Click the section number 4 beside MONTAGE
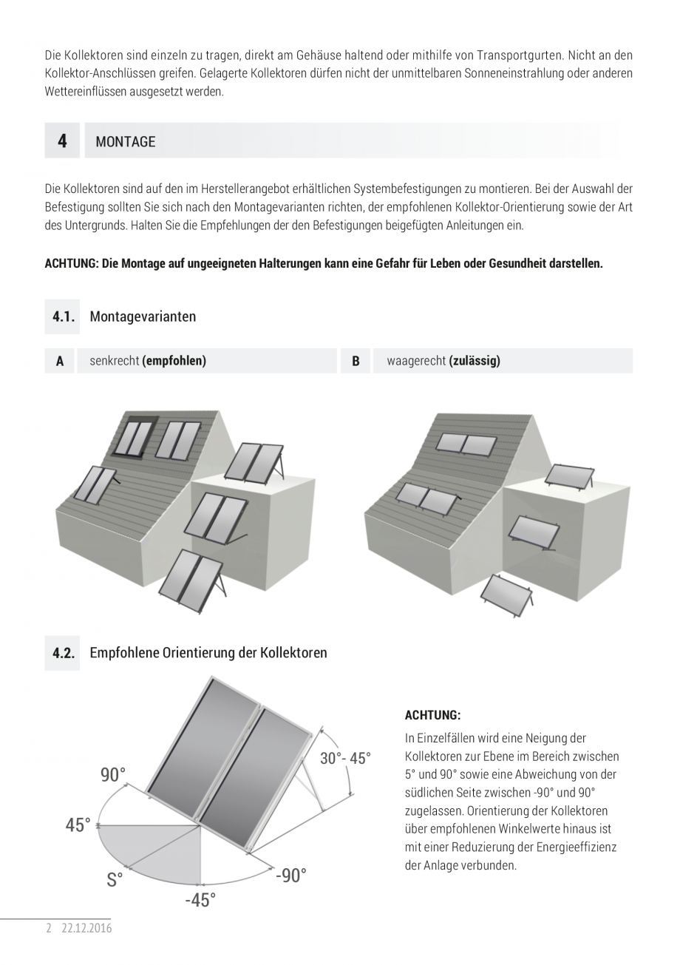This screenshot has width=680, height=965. click(62, 140)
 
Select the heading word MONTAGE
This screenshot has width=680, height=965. click(126, 142)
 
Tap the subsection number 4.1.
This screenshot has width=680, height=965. click(64, 316)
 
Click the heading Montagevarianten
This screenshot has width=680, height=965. click(143, 316)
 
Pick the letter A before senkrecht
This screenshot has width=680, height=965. click(60, 361)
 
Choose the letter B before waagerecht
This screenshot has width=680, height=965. click(356, 361)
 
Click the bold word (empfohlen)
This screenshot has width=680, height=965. click(174, 361)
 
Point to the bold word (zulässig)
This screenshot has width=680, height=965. click(475, 361)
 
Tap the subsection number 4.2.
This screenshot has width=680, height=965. click(64, 653)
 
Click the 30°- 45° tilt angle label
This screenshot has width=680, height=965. click(345, 759)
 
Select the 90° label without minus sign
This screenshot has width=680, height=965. click(113, 775)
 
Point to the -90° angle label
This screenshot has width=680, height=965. click(290, 876)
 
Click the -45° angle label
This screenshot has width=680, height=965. click(200, 900)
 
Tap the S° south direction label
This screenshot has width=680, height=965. click(115, 880)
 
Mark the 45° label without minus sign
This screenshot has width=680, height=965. click(78, 825)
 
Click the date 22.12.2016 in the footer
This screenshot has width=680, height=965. click(87, 928)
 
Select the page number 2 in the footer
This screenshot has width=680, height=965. click(49, 928)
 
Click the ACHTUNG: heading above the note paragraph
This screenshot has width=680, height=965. click(432, 715)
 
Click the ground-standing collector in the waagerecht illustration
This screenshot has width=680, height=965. click(507, 594)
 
